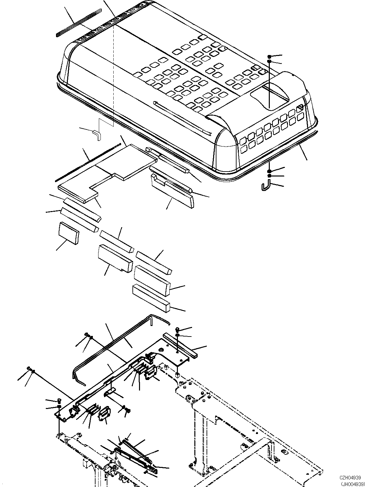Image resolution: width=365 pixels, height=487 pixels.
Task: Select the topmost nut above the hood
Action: [x=269, y=57]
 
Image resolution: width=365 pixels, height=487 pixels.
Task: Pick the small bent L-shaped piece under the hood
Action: [x=97, y=135]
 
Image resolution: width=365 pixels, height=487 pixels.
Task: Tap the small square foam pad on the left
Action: [x=69, y=233]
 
